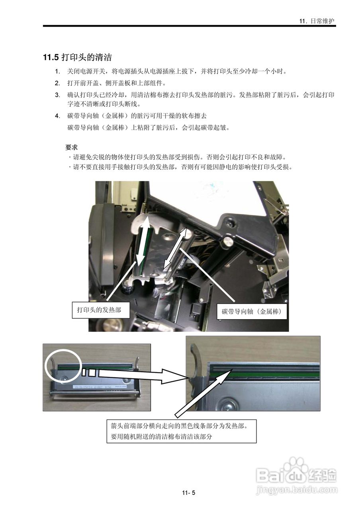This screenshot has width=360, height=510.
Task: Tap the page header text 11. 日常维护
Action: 317,21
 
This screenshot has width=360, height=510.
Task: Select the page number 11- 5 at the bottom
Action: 188,493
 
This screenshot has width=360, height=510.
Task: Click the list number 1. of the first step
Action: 58,71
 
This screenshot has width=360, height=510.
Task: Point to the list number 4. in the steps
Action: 58,116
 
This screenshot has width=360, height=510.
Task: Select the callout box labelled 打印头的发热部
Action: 101,310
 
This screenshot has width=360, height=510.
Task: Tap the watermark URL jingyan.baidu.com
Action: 297,488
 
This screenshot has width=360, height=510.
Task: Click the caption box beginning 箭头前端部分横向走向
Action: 181,431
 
